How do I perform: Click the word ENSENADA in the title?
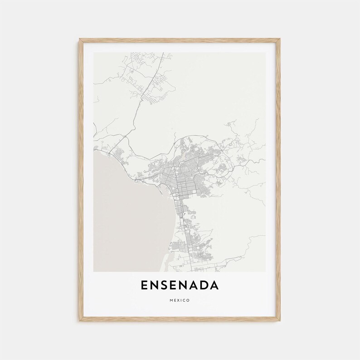[x=180, y=285]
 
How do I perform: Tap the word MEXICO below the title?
[x=180, y=300]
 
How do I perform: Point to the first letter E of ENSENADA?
[x=145, y=285]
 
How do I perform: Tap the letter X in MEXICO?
[x=178, y=300]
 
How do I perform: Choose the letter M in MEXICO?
[x=172, y=300]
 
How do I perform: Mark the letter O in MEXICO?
[x=188, y=300]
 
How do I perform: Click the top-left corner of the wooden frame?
[x=79, y=39]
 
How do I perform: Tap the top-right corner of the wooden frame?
[x=281, y=39]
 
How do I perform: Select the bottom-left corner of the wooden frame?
[x=79, y=321]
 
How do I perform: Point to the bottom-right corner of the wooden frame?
[x=281, y=321]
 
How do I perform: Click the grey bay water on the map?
[x=127, y=213]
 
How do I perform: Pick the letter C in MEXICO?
[x=184, y=300]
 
